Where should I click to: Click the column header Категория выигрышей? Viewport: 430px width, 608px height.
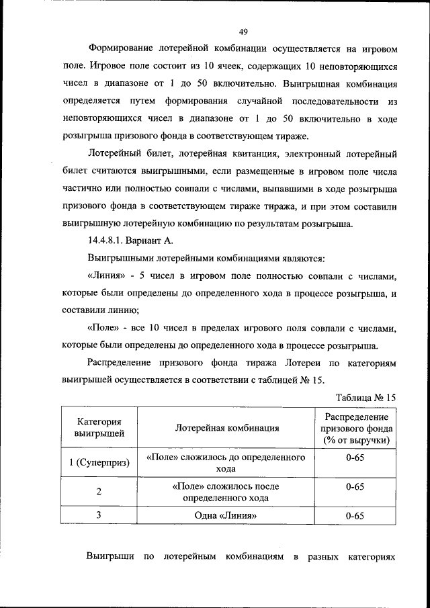(x=99, y=427)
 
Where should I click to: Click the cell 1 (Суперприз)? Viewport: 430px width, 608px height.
(x=99, y=463)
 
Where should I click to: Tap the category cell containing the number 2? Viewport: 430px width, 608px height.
(x=99, y=492)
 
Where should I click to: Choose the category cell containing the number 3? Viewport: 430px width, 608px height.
(x=99, y=515)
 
